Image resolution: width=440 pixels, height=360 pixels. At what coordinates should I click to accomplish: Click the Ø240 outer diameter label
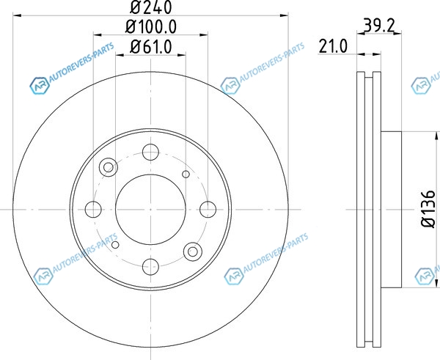[150, 7]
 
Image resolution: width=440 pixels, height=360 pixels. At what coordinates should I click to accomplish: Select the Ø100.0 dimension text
[151, 27]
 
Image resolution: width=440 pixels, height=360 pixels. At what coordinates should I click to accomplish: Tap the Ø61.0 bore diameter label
[150, 47]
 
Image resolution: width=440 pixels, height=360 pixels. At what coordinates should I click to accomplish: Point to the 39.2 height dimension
[379, 26]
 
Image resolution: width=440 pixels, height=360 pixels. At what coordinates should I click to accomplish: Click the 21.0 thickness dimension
[333, 46]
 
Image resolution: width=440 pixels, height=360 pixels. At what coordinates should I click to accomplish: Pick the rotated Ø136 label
[428, 209]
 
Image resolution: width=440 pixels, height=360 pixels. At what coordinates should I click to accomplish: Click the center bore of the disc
[150, 209]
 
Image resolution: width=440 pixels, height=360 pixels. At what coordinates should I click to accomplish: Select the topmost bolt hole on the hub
[150, 152]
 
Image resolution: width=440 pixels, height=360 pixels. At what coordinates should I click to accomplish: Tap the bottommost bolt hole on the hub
[150, 267]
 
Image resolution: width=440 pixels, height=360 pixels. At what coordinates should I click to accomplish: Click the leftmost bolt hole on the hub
[93, 209]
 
